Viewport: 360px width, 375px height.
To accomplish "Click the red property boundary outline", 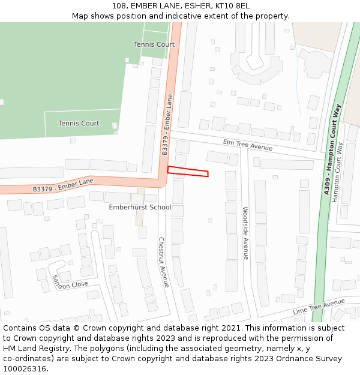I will pos(188,172).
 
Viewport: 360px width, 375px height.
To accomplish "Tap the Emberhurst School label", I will pos(140,208).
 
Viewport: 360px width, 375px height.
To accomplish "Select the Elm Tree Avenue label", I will pos(247,145).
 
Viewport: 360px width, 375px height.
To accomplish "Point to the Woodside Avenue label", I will pos(245,233).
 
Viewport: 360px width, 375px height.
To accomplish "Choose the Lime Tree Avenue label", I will pos(319,308).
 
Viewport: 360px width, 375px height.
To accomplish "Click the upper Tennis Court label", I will pos(154,44).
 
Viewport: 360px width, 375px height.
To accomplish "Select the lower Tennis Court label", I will pos(79,124).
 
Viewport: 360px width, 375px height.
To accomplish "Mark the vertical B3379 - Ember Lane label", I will pos(167,125).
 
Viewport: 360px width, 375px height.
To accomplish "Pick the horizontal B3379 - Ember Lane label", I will pos(63,185).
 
